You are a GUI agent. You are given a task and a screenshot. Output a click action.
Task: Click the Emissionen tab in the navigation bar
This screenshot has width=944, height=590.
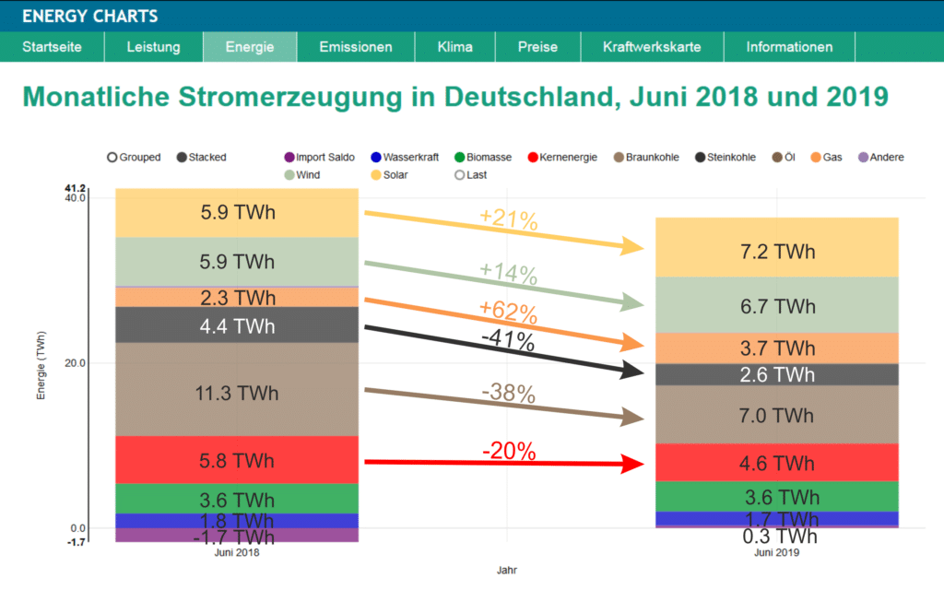355,47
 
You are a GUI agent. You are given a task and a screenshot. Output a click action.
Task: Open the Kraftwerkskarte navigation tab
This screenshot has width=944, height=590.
652,47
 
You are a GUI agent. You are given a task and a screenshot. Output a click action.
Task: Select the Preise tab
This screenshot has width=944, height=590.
537,47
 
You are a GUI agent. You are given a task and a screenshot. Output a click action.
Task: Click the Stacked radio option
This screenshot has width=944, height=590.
202,158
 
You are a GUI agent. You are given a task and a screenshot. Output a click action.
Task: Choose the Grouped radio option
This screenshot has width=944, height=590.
134,158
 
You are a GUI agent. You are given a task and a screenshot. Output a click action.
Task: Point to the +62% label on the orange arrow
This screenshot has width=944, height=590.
509,311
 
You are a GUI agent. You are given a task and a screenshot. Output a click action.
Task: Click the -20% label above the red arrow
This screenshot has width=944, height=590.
509,451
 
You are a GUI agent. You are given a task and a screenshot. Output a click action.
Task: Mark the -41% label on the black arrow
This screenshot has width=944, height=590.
509,340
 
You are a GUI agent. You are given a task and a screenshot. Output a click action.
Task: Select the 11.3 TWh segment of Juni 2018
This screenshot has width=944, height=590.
239,394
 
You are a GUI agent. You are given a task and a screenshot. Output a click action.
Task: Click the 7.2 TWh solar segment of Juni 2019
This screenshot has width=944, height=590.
776,252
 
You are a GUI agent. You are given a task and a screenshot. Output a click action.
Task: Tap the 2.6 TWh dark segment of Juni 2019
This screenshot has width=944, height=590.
776,375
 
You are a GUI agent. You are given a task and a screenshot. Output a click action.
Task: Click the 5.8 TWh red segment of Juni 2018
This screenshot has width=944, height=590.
239,460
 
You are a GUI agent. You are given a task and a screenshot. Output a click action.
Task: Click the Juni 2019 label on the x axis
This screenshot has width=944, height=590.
776,554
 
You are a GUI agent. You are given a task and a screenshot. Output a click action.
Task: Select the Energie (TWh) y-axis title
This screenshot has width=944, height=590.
41,363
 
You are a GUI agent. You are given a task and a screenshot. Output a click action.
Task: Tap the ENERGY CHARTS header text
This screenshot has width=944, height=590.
89,16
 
